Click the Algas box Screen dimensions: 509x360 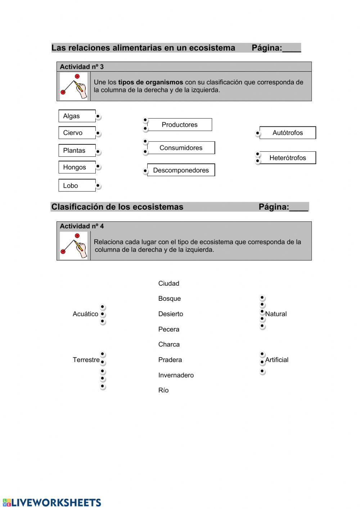(x=77, y=116)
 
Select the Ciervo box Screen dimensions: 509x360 (x=77, y=133)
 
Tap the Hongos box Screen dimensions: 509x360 (x=77, y=167)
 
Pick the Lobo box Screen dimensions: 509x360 (x=77, y=186)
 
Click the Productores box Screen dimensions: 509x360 (x=180, y=125)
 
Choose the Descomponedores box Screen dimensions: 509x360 (x=181, y=170)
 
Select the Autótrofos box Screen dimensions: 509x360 (x=288, y=133)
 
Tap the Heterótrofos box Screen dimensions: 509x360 (x=288, y=158)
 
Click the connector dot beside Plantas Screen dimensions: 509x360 (x=98, y=152)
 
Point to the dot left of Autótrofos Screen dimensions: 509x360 (x=257, y=134)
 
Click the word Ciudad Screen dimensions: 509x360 (x=168, y=283)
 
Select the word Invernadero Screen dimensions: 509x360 (x=176, y=375)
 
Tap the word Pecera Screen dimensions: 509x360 (x=168, y=329)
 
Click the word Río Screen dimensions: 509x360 (x=163, y=390)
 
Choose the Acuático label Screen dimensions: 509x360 (x=85, y=314)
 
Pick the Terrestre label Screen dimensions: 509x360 (x=86, y=360)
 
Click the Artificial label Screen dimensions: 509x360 (x=276, y=360)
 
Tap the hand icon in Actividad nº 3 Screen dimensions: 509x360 (x=74, y=86)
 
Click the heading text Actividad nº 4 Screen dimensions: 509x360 (x=82, y=226)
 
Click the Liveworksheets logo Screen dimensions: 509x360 (x=52, y=503)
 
